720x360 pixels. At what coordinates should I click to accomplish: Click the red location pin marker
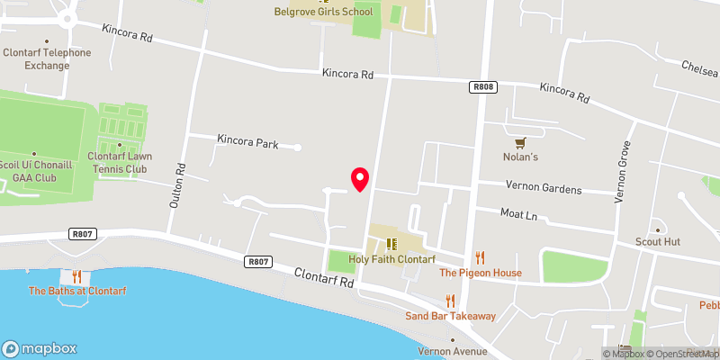(x=360, y=179)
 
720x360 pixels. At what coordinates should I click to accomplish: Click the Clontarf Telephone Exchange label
(x=46, y=58)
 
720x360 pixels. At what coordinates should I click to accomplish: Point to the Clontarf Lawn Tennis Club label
(x=119, y=162)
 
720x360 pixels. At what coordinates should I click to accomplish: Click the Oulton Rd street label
(x=176, y=184)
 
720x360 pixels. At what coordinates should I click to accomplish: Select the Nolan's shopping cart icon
(x=519, y=142)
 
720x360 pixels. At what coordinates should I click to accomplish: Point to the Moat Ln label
(x=518, y=215)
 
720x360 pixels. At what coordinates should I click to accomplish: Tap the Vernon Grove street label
(x=620, y=171)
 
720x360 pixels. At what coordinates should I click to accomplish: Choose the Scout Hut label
(x=658, y=241)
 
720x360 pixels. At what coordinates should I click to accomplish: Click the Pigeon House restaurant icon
(x=480, y=257)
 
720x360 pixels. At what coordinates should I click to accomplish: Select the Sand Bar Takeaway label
(x=450, y=316)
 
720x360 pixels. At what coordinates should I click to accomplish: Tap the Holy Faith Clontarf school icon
(x=391, y=244)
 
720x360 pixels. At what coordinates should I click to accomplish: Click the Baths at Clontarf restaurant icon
(x=76, y=276)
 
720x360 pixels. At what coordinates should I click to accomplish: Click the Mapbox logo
(x=40, y=348)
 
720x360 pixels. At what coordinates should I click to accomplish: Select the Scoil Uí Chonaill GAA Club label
(x=34, y=171)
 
